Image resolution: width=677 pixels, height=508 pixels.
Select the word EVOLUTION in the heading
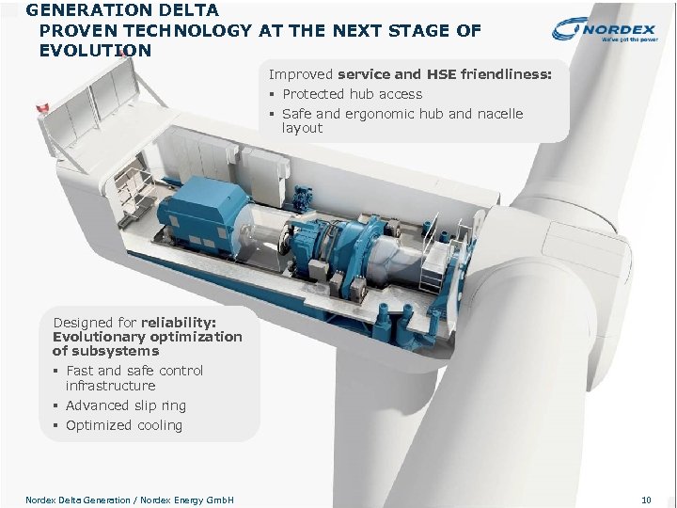coord(95,51)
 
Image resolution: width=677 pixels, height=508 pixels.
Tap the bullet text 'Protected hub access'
coord(352,94)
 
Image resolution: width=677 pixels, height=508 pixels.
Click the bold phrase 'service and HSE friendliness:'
coord(445,73)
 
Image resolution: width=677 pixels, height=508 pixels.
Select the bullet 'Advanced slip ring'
coord(125,405)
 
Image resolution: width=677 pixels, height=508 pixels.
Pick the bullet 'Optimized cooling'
coord(123,425)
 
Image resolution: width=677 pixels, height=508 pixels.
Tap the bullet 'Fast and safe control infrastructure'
coord(134,378)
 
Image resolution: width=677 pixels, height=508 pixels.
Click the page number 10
coord(645,500)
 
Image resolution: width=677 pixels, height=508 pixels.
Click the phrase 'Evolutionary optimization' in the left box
coord(147,336)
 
